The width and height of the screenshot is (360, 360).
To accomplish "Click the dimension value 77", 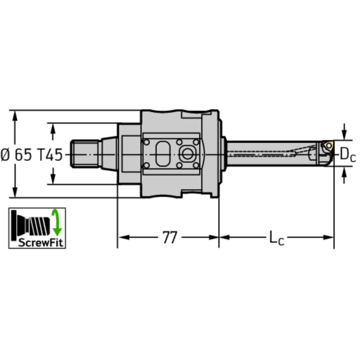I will (169, 238).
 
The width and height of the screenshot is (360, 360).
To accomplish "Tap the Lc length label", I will (276, 238).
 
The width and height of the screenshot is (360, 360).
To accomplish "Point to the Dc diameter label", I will (347, 154).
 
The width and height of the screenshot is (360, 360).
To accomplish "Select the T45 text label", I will (49, 154).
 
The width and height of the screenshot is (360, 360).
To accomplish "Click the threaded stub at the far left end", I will (84, 154).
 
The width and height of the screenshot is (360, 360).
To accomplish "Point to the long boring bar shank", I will (272, 153).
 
